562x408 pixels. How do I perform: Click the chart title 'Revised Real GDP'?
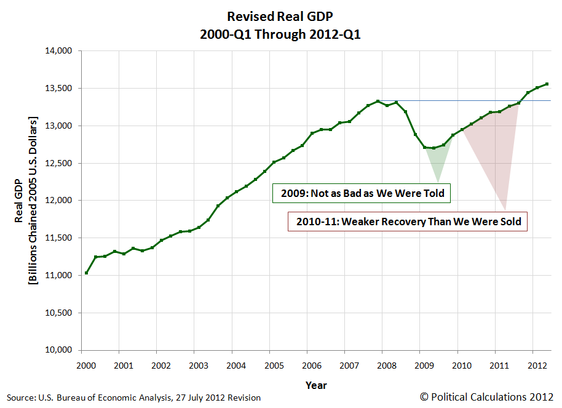(x=280, y=16)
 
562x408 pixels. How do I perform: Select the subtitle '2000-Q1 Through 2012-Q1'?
(x=280, y=34)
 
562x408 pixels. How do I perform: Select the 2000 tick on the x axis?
(x=86, y=366)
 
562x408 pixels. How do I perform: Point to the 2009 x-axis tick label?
(x=424, y=366)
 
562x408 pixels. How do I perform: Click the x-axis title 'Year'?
(x=316, y=385)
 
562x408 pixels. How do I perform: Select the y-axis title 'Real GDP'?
(x=21, y=200)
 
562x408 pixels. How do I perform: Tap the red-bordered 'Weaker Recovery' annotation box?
(x=408, y=222)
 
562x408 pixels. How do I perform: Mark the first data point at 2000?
(x=87, y=273)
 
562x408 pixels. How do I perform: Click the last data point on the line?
(x=547, y=84)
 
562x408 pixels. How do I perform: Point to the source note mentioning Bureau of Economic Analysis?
(x=134, y=398)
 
